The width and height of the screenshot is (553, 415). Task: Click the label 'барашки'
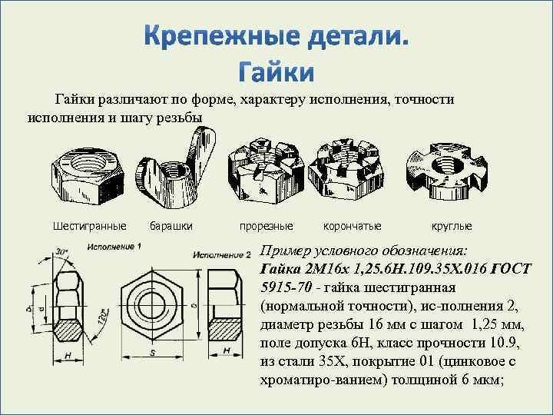click(x=171, y=227)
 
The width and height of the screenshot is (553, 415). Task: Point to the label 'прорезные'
click(x=266, y=227)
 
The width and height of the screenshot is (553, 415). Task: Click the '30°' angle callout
click(x=61, y=252)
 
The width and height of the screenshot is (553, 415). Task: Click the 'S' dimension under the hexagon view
click(x=152, y=351)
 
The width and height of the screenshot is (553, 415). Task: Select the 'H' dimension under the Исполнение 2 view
click(x=227, y=351)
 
